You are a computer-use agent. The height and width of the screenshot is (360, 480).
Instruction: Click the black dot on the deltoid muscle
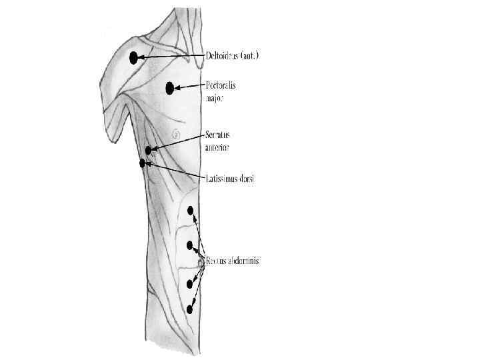pyautogui.click(x=133, y=57)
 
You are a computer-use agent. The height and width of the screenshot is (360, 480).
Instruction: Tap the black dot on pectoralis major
pyautogui.click(x=170, y=87)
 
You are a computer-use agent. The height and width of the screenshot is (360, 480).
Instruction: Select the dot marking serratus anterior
pyautogui.click(x=149, y=150)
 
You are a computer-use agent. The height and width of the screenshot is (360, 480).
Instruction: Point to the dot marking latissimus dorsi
pyautogui.click(x=142, y=163)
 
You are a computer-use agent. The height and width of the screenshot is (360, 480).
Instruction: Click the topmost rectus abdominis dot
pyautogui.click(x=191, y=211)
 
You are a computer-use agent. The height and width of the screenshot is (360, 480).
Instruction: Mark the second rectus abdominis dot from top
pyautogui.click(x=190, y=244)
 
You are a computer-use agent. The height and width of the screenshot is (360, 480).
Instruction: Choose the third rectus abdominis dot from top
pyautogui.click(x=190, y=285)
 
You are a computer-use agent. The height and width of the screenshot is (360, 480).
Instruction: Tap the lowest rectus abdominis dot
pyautogui.click(x=190, y=309)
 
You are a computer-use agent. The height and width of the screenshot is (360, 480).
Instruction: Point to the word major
pyautogui.click(x=215, y=98)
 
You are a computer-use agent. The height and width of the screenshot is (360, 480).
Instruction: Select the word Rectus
pyautogui.click(x=216, y=261)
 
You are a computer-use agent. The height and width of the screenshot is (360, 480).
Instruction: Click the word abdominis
pyautogui.click(x=243, y=261)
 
